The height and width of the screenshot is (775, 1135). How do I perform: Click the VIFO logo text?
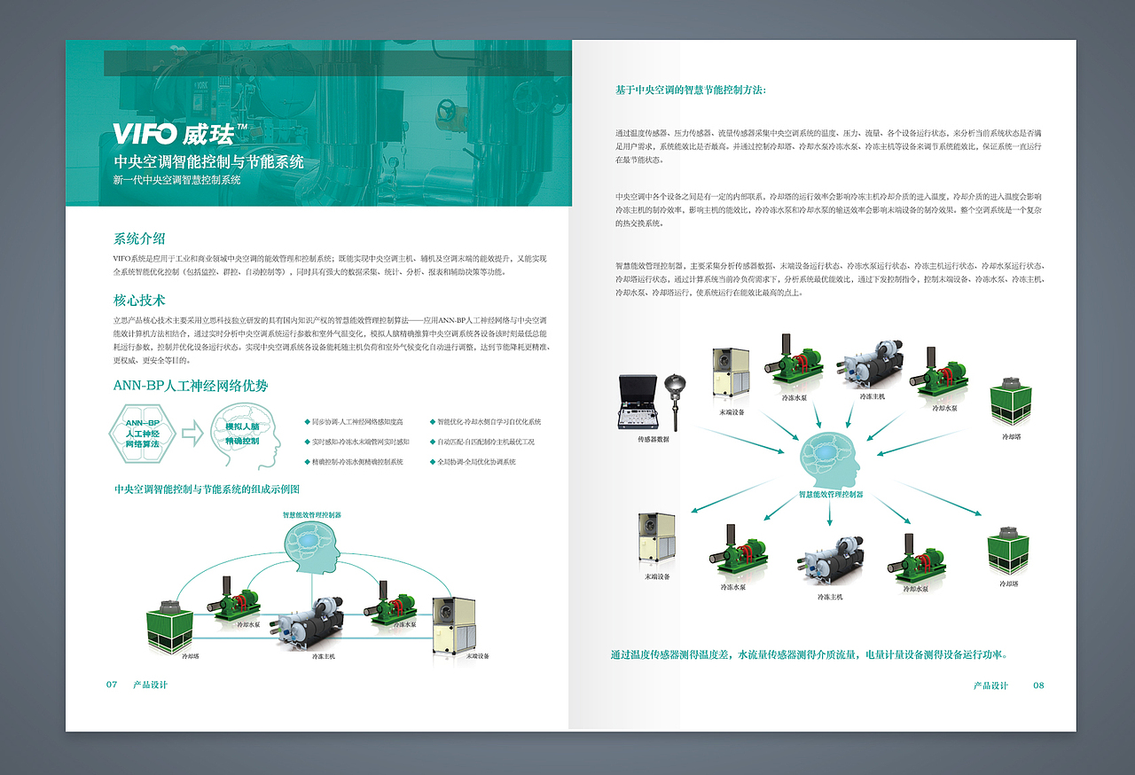pos(146,135)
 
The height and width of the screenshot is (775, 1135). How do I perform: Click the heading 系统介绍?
pos(139,239)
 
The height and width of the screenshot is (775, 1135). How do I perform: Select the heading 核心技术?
pos(139,301)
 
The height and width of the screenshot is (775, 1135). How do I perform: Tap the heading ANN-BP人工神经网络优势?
pos(191,386)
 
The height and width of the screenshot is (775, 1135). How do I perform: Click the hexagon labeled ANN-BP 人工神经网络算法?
pos(143,434)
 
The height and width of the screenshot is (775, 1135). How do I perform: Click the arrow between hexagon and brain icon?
pos(192,434)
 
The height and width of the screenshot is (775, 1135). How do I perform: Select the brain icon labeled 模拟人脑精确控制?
pos(242,434)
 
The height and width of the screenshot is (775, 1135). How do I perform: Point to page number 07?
pos(112,685)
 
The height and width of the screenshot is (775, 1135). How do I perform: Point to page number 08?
pos(1038,685)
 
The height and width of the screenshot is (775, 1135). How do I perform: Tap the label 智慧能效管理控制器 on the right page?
pos(831,495)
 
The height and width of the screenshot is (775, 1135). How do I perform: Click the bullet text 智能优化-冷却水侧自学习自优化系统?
pos(489,422)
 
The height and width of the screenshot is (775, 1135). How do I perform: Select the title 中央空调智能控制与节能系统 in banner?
pos(208,162)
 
